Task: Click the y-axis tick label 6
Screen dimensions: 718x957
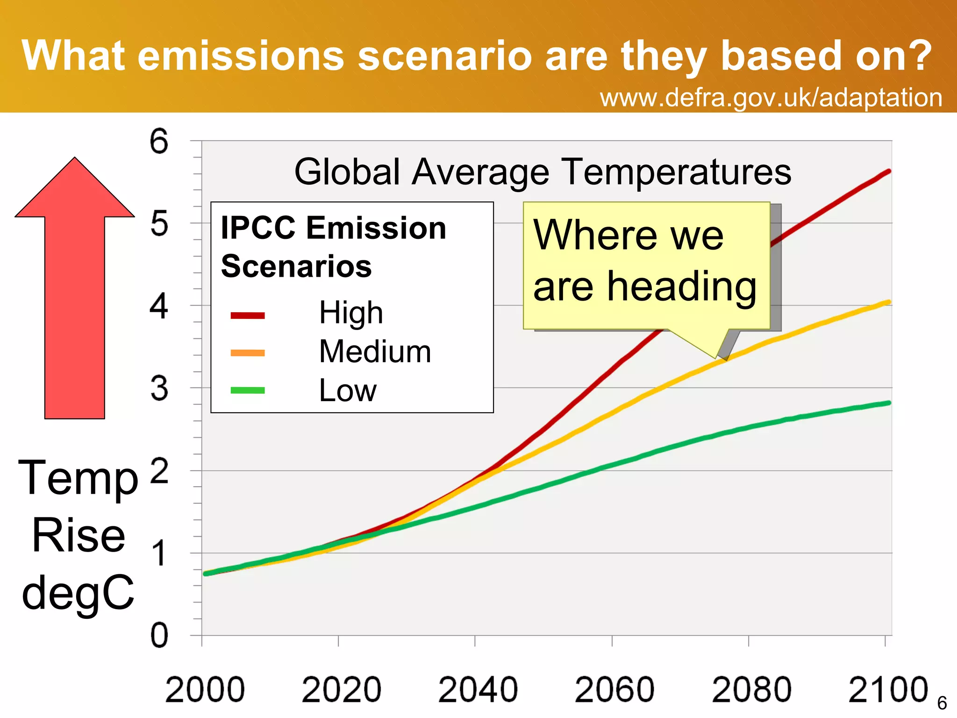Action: tap(159, 141)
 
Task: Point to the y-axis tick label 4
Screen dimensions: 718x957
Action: tap(159, 307)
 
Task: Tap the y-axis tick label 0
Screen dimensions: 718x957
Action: tap(159, 636)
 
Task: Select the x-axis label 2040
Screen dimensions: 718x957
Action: tap(478, 690)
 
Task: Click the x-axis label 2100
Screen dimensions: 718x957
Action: tap(888, 690)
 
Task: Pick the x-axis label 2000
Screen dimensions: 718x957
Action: tap(205, 690)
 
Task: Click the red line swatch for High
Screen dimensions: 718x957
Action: tap(248, 316)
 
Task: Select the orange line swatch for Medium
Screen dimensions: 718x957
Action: tap(248, 353)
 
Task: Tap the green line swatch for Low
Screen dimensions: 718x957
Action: tap(248, 390)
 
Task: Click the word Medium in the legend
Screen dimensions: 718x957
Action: tap(375, 352)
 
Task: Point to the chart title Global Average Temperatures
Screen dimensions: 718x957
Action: tap(543, 172)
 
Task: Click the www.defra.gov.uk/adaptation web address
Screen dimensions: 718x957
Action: tap(771, 98)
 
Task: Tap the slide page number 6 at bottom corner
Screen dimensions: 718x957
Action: tap(942, 703)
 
